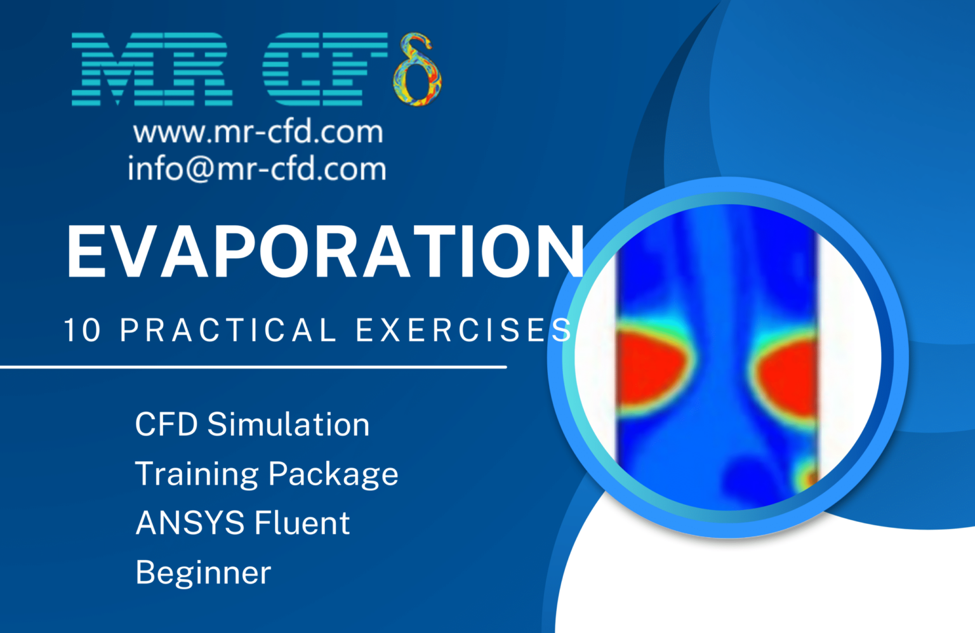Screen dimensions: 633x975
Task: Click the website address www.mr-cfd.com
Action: click(x=258, y=132)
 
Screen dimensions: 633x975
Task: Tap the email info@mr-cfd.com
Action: click(x=256, y=169)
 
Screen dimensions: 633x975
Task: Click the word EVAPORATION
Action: click(x=325, y=252)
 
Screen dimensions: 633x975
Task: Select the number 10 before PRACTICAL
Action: click(x=83, y=330)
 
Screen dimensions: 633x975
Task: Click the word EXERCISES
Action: click(x=463, y=330)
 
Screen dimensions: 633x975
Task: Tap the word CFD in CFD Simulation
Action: click(x=166, y=424)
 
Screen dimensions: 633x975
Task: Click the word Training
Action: click(x=196, y=474)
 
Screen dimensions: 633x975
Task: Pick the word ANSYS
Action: click(x=190, y=523)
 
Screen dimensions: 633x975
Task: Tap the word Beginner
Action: click(x=203, y=573)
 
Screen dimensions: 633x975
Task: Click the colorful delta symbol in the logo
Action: click(x=416, y=70)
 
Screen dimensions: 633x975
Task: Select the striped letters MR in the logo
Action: click(x=151, y=70)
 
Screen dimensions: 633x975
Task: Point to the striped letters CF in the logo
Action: click(x=324, y=70)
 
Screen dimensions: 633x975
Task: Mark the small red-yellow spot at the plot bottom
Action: click(x=807, y=475)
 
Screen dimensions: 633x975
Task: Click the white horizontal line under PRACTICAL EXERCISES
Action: click(x=254, y=367)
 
